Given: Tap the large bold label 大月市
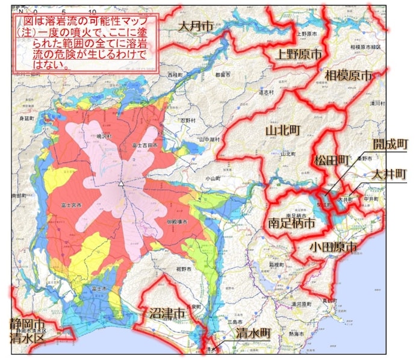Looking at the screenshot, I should pos(196,25).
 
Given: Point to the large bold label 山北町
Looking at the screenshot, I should pos(282,131).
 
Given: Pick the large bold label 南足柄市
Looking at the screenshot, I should pos(291,223).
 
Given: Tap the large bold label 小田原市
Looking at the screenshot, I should pos(332,247).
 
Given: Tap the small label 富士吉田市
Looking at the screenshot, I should pos(144,146).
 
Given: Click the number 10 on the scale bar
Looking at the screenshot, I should pos(92,11).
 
